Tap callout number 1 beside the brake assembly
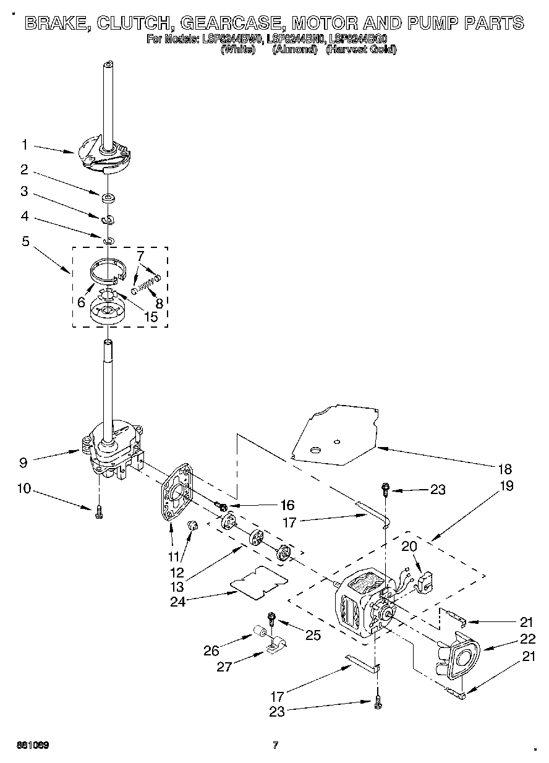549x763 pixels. point(25,145)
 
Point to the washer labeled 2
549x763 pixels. point(108,198)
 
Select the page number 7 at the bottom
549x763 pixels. point(276,744)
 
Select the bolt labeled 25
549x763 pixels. point(271,618)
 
